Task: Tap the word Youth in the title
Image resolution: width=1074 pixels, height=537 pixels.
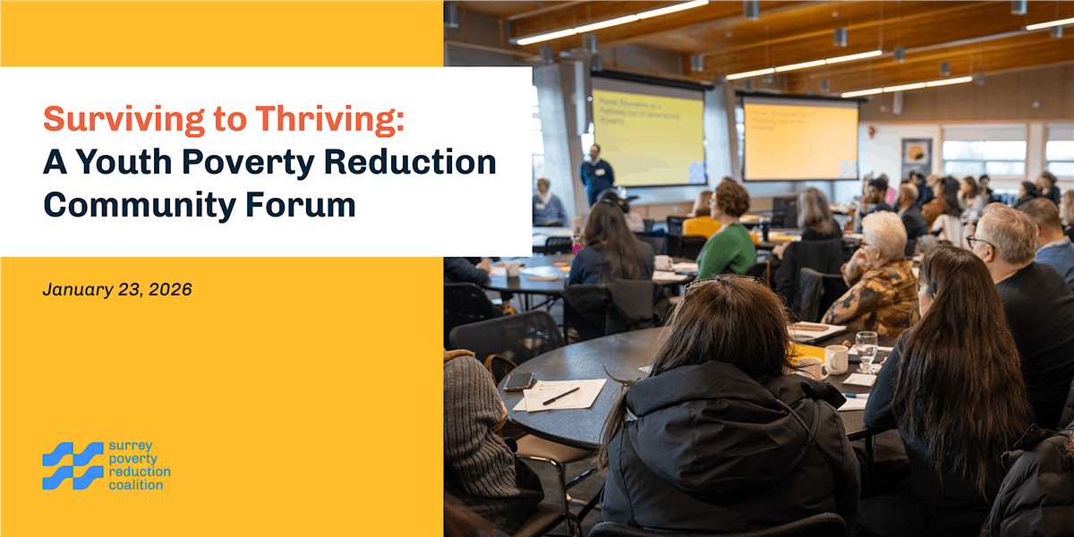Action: point(128,162)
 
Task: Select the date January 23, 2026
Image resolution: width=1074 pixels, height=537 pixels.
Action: point(117,289)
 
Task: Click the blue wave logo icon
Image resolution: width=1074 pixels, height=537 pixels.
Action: point(72,465)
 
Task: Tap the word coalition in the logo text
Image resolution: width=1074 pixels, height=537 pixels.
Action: point(136,485)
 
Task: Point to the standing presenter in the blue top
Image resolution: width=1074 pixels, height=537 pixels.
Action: point(596,172)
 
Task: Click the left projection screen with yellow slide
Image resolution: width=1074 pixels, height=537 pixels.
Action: point(648,132)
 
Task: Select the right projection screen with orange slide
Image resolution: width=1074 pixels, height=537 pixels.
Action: point(799,139)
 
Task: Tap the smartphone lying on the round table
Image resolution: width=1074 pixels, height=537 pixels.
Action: point(520,381)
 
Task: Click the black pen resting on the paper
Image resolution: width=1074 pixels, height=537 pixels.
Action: point(561,396)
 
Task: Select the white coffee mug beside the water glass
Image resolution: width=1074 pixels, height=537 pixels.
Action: point(835,359)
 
